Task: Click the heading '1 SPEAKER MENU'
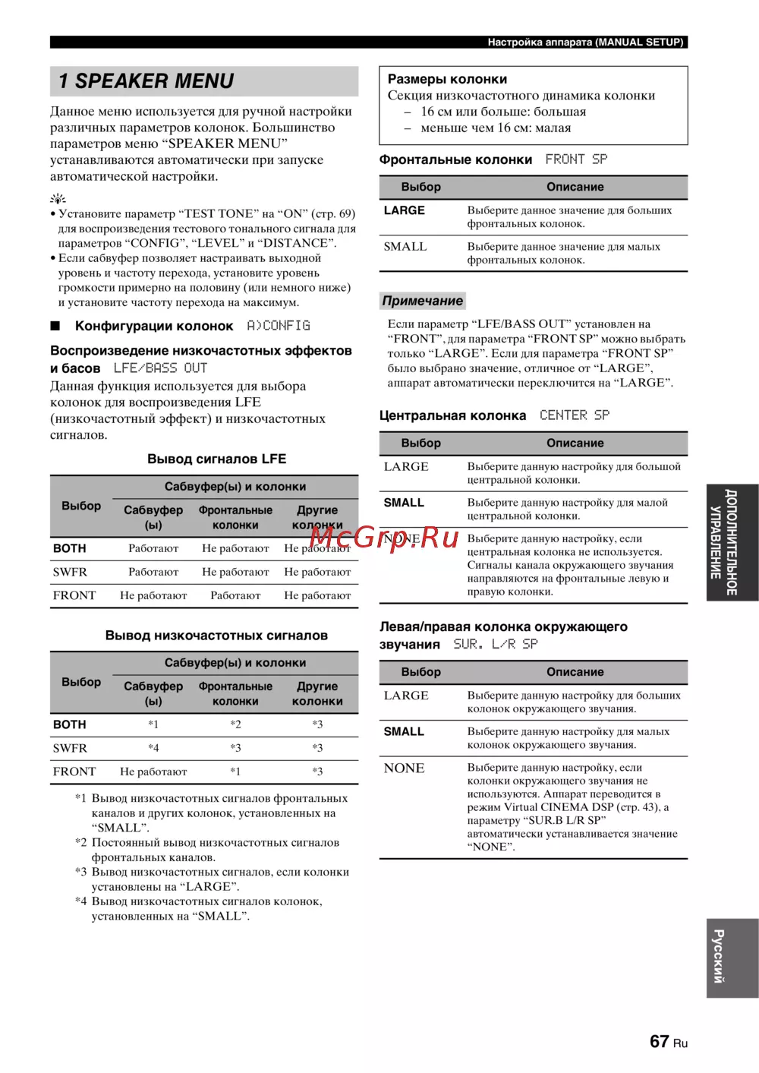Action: [x=146, y=81]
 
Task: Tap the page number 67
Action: [x=659, y=1041]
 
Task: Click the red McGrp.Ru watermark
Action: [x=384, y=538]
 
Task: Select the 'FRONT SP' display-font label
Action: [x=576, y=159]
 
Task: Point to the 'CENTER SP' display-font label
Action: [x=575, y=415]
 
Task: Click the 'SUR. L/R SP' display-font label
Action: [x=495, y=644]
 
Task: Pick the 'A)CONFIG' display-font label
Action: [x=279, y=326]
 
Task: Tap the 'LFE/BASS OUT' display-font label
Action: [x=160, y=368]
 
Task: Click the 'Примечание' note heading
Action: [x=422, y=301]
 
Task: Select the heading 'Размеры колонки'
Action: [x=447, y=79]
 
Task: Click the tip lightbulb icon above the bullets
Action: [x=58, y=199]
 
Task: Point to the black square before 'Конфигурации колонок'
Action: [x=55, y=326]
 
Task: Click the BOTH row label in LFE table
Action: [x=70, y=548]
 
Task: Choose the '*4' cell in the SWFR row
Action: [x=153, y=748]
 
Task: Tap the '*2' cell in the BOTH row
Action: [x=235, y=724]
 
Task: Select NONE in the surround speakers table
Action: [x=404, y=768]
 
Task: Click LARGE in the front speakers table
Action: [x=404, y=210]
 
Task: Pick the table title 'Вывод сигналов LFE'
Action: [x=216, y=459]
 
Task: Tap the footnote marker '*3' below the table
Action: [x=81, y=872]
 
